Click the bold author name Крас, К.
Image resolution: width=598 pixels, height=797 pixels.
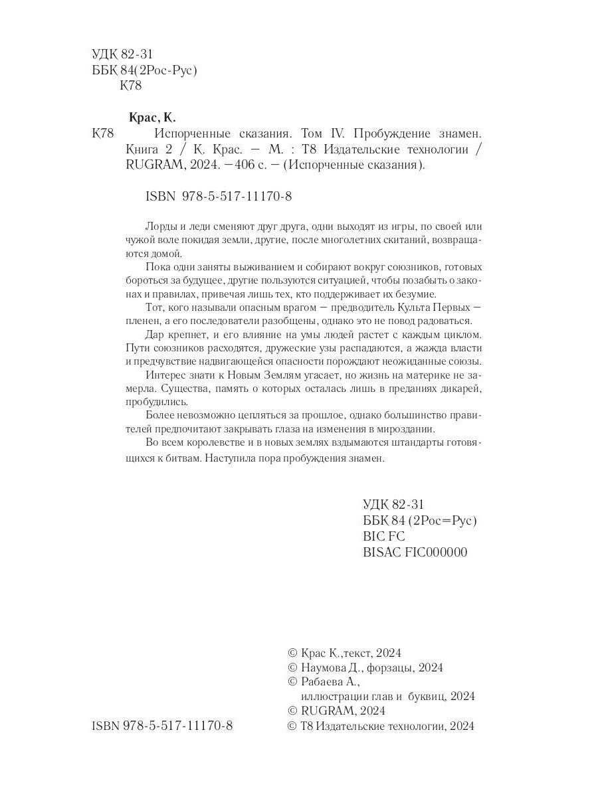coord(150,118)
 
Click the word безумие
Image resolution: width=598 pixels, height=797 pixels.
coord(414,294)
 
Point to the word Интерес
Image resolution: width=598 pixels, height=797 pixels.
coord(163,376)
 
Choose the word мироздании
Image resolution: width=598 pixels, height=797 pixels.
coord(409,428)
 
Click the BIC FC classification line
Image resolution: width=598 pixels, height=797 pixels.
coord(384,536)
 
